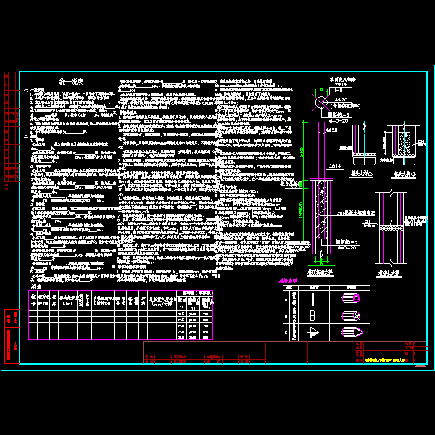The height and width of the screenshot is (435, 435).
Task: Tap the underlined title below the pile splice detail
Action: [392, 273]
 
